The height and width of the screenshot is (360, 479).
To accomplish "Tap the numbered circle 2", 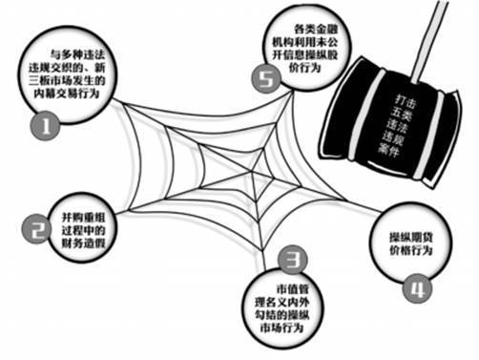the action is (36, 228).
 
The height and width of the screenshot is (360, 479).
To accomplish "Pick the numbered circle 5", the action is (267, 81).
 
